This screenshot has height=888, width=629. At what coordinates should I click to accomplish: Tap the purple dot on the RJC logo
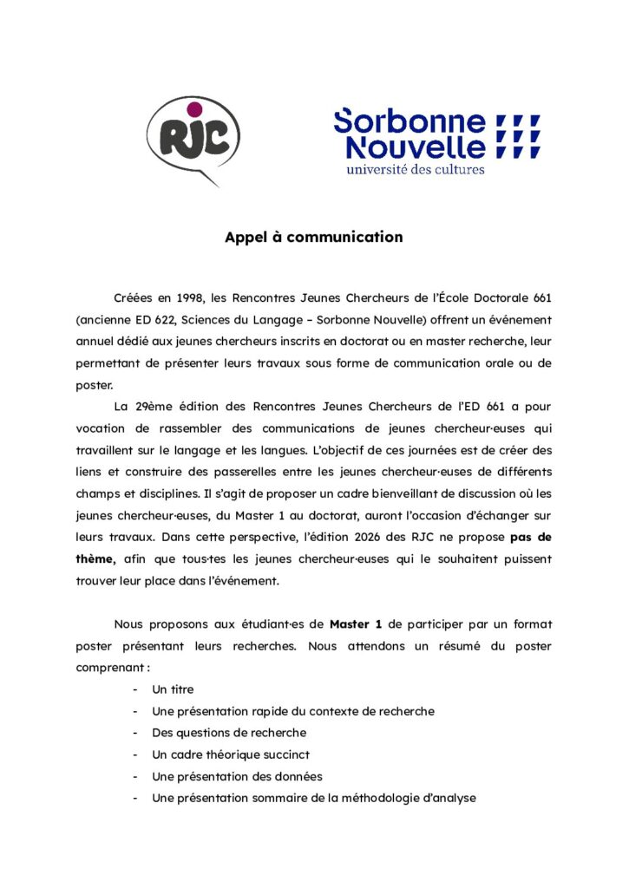point(194,108)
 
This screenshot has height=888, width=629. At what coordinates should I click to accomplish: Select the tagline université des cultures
point(415,168)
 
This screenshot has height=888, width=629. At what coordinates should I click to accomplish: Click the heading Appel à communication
point(314,237)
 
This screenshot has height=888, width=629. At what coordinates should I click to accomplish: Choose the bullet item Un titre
point(173,689)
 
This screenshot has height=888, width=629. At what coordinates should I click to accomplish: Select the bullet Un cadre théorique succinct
point(231,754)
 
